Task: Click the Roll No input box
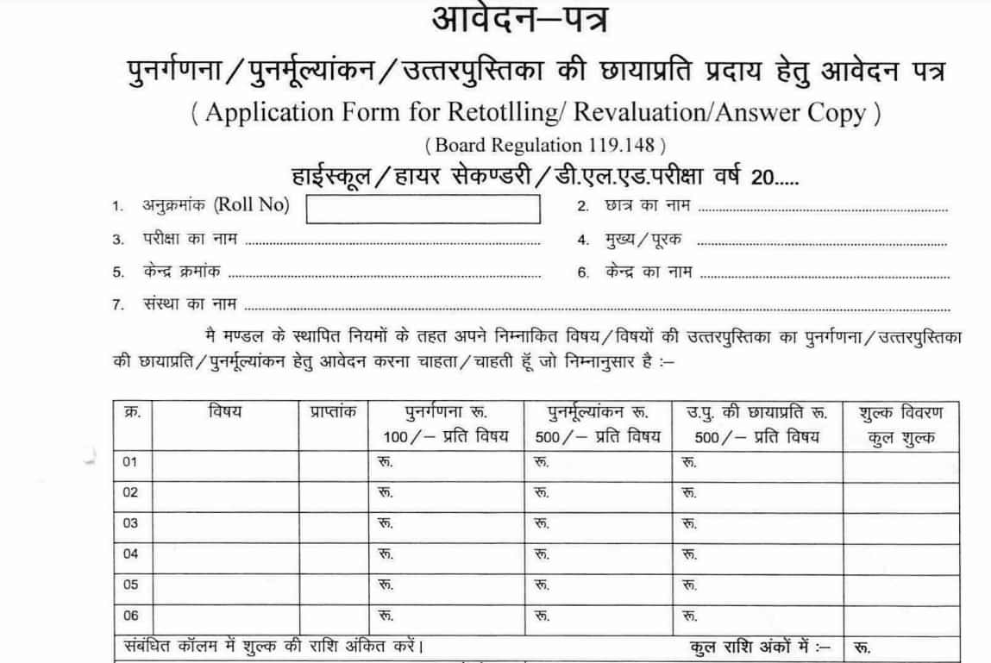tap(423, 209)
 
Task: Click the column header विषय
tap(224, 412)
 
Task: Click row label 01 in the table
tap(131, 462)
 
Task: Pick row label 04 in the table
tap(131, 554)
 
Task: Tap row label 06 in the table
tap(131, 615)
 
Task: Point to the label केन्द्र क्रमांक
tap(181, 272)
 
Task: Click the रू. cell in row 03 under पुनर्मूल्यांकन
tap(541, 523)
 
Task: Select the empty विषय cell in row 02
tap(224, 493)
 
